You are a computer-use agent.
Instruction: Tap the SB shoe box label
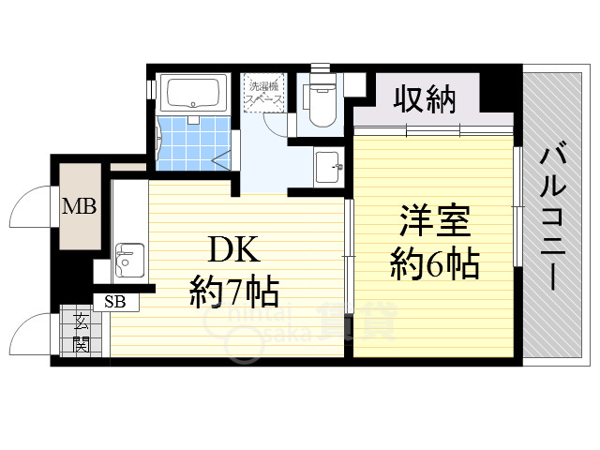pyautogui.click(x=115, y=301)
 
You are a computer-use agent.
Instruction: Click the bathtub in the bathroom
pyautogui.click(x=192, y=94)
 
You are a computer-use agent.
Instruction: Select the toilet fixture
pyautogui.click(x=319, y=100)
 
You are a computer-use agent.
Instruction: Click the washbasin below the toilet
pyautogui.click(x=327, y=167)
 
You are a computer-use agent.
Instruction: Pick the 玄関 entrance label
pyautogui.click(x=82, y=332)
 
